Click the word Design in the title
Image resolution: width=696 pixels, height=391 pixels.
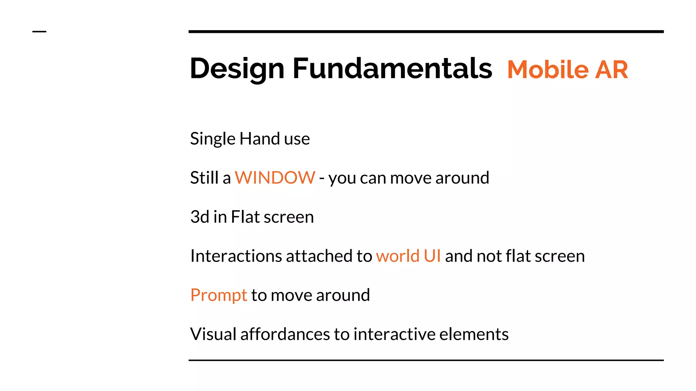237,69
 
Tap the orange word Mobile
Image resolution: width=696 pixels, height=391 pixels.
548,70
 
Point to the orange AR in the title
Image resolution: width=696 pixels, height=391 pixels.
611,70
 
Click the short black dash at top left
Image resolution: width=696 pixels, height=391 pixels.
39,32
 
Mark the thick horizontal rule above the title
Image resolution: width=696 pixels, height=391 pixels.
426,32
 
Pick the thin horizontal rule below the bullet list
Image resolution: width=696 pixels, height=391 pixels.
426,360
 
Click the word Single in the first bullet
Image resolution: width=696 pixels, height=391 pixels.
213,139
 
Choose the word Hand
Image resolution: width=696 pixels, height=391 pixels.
260,138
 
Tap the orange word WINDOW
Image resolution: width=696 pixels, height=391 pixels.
275,178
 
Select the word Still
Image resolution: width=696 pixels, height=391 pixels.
204,178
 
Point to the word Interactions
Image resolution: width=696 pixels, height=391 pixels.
236,256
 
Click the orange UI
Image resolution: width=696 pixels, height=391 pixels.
432,256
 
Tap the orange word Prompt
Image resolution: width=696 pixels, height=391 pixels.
219,295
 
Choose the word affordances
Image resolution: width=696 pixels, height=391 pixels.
285,334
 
